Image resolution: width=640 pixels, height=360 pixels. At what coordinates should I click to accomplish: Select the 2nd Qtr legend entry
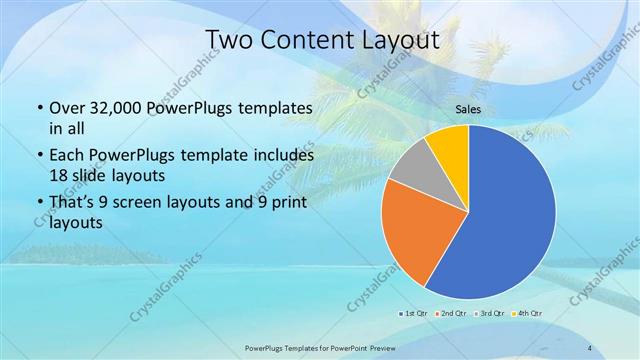coord(451,314)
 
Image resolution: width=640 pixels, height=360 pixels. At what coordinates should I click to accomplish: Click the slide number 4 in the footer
coord(589,348)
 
